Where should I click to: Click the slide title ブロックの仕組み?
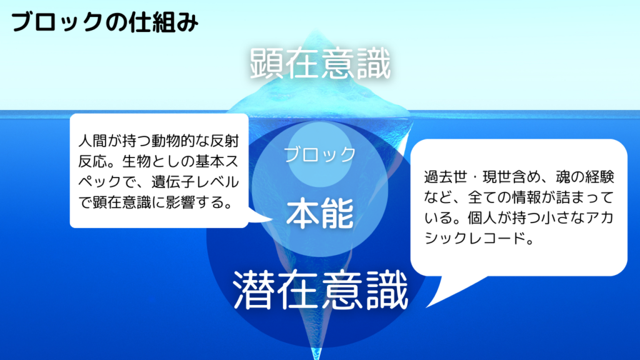(104, 22)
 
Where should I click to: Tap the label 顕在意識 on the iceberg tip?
(321, 64)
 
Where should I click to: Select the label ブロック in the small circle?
(320, 154)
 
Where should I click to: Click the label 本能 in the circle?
(320, 213)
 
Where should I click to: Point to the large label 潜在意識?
(321, 291)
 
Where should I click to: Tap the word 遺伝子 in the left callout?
(173, 182)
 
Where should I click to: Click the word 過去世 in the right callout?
(446, 177)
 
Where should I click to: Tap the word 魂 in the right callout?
(563, 177)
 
